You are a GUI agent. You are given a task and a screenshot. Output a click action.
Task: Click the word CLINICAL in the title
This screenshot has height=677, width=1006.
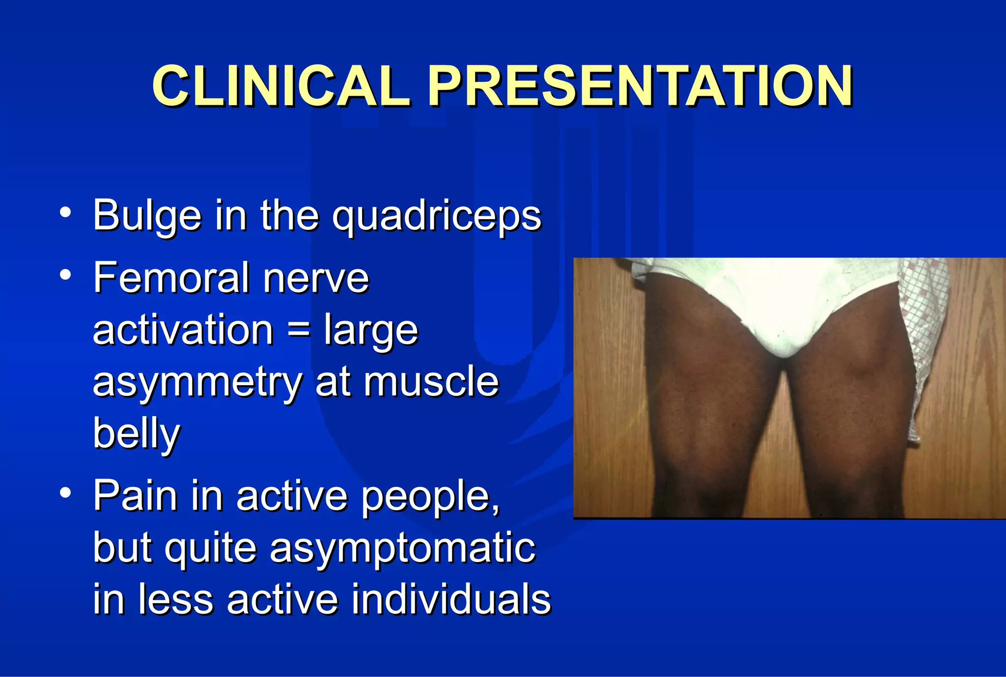(281, 87)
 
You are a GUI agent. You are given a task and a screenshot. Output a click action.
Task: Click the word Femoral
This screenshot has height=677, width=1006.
(171, 278)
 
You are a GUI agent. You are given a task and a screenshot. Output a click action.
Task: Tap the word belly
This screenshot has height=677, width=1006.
(137, 433)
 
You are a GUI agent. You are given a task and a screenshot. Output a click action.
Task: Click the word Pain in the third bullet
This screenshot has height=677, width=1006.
(136, 496)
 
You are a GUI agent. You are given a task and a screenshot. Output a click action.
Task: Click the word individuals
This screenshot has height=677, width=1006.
(451, 599)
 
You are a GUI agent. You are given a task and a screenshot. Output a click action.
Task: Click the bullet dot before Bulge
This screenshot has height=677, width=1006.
(65, 213)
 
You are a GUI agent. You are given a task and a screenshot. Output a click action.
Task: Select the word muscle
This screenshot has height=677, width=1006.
(431, 382)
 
